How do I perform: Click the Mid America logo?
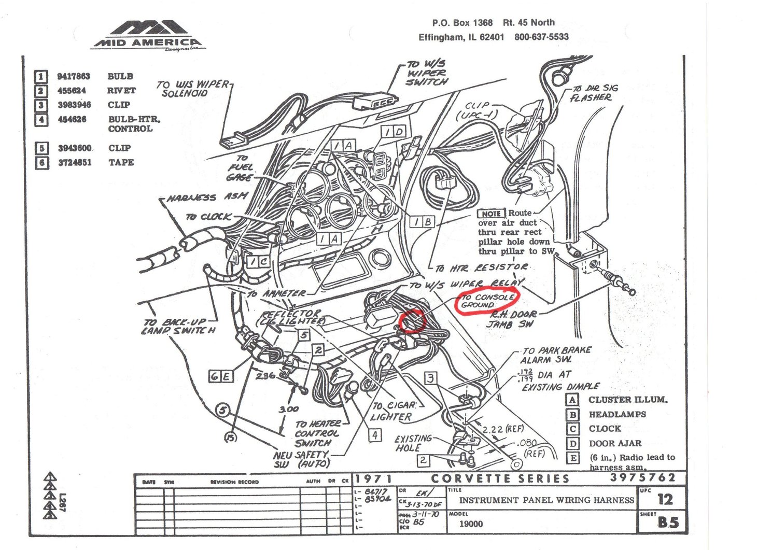click(x=148, y=35)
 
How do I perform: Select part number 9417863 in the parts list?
click(x=73, y=76)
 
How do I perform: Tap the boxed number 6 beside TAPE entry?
click(x=41, y=163)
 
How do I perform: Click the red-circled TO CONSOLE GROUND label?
click(x=487, y=301)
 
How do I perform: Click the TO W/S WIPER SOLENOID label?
click(x=192, y=89)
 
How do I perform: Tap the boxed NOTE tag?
click(x=490, y=214)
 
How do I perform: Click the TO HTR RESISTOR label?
click(x=481, y=267)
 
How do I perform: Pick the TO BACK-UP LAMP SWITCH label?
click(x=179, y=326)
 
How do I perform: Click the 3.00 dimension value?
click(x=288, y=409)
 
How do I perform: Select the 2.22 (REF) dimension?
click(x=502, y=429)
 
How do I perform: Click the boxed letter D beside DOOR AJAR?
click(x=572, y=443)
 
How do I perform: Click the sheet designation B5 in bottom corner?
click(x=667, y=523)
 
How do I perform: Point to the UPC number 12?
click(x=665, y=499)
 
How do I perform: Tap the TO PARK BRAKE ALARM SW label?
click(x=556, y=355)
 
